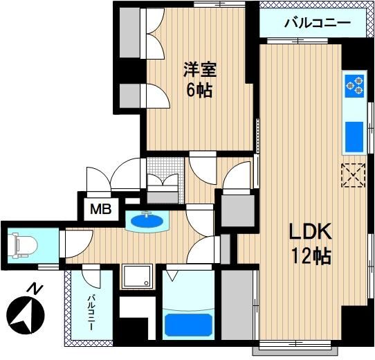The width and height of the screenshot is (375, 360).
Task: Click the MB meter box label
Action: click(101, 209)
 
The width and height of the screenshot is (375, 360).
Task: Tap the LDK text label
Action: click(310, 231)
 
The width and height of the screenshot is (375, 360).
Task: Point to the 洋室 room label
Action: click(200, 70)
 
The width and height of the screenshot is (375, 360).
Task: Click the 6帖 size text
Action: click(199, 91)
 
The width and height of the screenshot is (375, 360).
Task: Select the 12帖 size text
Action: click(311, 255)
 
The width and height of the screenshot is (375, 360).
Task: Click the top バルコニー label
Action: click(318, 23)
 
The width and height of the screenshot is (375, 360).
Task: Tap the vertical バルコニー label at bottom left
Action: click(91, 312)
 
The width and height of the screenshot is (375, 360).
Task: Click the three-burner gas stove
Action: click(354, 86)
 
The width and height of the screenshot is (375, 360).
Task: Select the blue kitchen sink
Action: click(354, 137)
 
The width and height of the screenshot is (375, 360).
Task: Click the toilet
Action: click(23, 246)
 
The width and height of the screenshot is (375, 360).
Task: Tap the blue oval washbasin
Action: click(147, 221)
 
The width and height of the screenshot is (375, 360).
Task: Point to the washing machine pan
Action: click(137, 276)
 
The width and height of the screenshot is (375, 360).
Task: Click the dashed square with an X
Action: click(354, 175)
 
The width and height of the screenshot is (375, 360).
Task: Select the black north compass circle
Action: click(26, 315)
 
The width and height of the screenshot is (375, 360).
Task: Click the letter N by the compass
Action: click(35, 289)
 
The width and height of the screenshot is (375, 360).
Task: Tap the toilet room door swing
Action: click(79, 244)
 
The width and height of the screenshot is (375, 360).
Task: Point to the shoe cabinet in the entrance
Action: click(163, 198)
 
